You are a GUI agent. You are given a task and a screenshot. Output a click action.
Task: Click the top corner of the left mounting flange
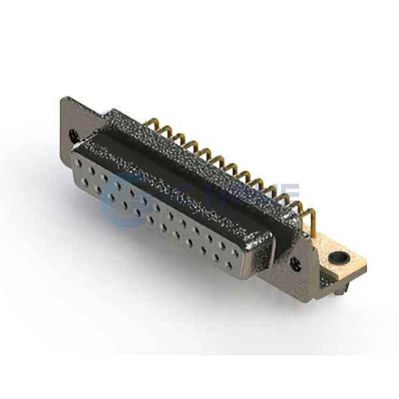64,99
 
